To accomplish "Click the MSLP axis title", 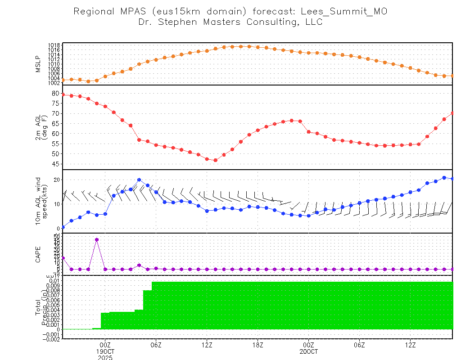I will pos(38,63).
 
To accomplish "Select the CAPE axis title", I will pos(38,254).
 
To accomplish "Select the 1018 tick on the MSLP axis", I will pos(54,45).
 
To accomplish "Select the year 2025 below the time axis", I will pos(105,357).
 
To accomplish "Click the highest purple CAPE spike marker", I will pos(97,239).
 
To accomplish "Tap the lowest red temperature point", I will pos(215,160).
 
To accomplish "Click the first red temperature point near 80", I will pos(63,94).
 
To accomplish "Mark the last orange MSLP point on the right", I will pos(452,76).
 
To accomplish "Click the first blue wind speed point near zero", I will pos(63,227).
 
